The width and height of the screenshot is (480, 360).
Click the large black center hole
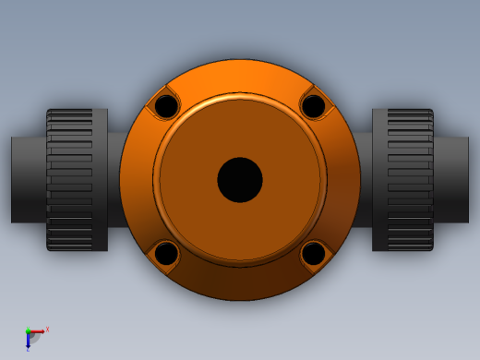click(240, 180)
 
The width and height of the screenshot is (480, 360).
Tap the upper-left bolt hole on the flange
click(166, 106)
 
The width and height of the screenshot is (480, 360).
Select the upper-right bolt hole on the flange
click(314, 106)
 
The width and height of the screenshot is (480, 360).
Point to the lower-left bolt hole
click(166, 253)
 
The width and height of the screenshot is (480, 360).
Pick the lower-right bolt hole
click(314, 253)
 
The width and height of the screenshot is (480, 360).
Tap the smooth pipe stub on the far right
click(451, 180)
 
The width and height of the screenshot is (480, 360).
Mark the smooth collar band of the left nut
click(100, 180)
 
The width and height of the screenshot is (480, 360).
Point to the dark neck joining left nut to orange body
click(114, 180)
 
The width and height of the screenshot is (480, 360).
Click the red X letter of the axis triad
click(47, 329)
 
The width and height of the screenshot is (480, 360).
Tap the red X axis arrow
click(38, 331)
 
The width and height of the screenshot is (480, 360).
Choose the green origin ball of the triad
click(28, 331)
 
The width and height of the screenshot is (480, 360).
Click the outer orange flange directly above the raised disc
click(240, 77)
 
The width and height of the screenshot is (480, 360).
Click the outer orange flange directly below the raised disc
click(240, 283)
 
